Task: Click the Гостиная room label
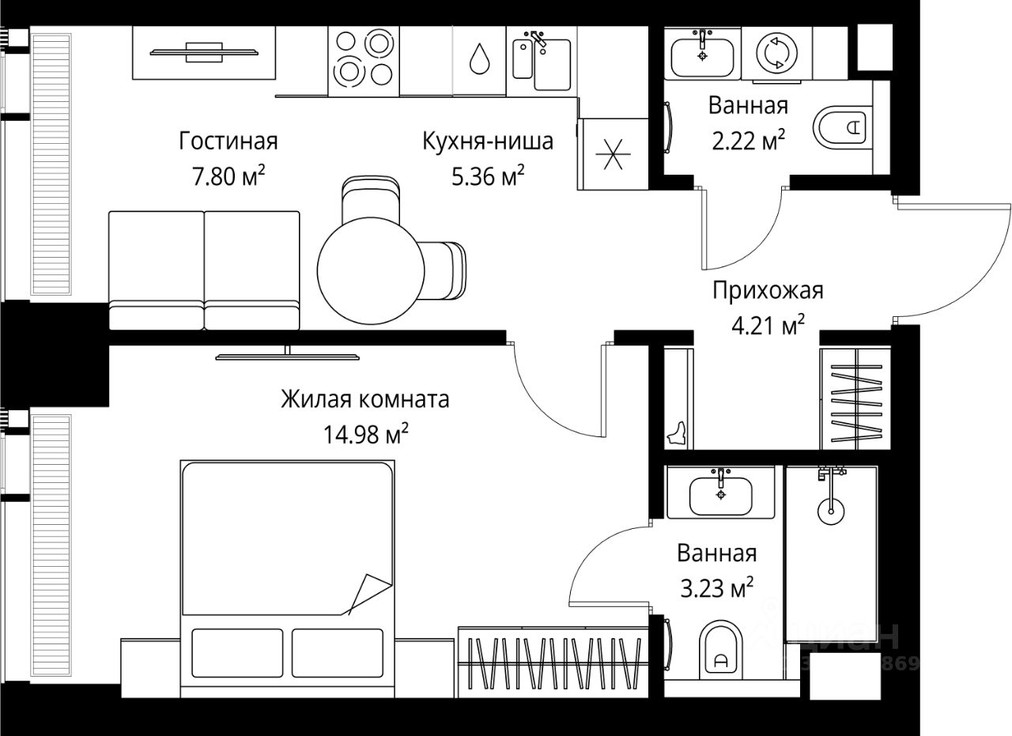click(228, 142)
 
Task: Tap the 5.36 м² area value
click(488, 177)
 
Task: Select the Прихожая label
click(768, 291)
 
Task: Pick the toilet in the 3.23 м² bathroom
click(720, 651)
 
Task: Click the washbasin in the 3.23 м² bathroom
click(720, 493)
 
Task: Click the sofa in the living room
click(204, 270)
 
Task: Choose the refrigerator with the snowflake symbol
click(614, 153)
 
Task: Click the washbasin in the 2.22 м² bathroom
click(702, 55)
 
